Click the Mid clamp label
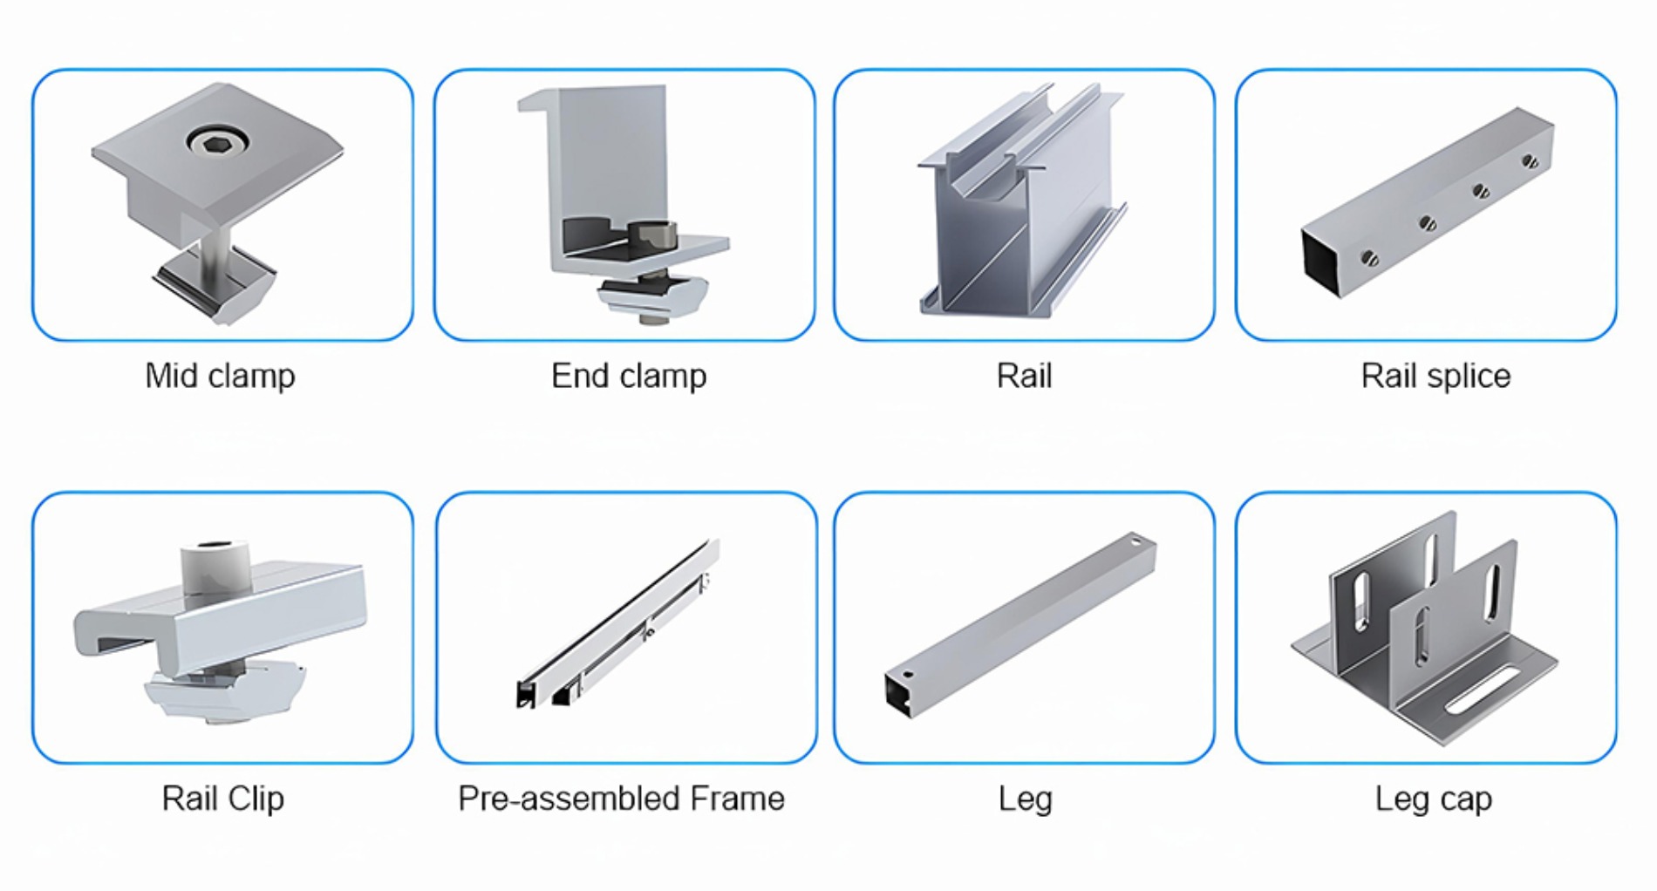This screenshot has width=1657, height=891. coord(220,376)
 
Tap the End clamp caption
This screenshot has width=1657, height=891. coord(628,376)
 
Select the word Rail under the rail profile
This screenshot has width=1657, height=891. coord(1024,376)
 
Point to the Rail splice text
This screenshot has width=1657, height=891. coord(1435,376)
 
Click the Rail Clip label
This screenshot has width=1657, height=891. coord(222,799)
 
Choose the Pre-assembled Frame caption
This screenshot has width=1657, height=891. coord(621,799)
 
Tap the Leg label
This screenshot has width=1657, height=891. coord(1025,799)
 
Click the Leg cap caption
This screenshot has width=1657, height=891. coord(1433,799)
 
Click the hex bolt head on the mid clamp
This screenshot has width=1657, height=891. coord(215,140)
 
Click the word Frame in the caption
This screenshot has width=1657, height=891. coord(737,799)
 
